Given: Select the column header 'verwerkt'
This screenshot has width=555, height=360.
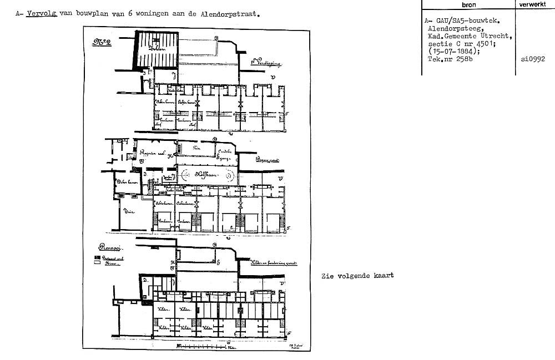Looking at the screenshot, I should pyautogui.click(x=534, y=4).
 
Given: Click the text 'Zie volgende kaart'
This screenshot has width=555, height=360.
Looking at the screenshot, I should pyautogui.click(x=357, y=276).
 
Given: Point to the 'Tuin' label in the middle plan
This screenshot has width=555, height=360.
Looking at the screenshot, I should pyautogui.click(x=131, y=211).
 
